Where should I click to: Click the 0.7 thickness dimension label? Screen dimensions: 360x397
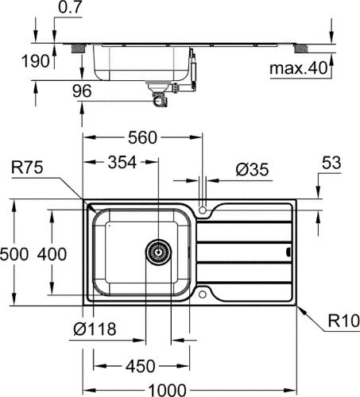click(x=68, y=8)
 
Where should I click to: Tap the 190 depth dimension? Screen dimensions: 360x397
click(x=36, y=61)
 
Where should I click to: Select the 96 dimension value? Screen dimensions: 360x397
click(x=82, y=91)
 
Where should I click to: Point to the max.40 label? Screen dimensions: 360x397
click(x=299, y=68)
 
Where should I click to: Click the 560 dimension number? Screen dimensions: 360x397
click(x=142, y=137)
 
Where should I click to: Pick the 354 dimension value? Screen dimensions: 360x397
click(x=122, y=162)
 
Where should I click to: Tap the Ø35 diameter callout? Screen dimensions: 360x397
click(x=252, y=169)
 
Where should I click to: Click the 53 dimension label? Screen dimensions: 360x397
click(x=331, y=163)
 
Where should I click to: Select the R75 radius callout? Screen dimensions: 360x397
click(x=27, y=168)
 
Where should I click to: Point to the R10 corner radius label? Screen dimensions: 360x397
click(x=344, y=321)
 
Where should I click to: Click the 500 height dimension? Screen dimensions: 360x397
click(x=14, y=254)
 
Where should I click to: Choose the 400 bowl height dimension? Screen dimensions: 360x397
click(x=52, y=254)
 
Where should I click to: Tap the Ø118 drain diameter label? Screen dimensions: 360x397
click(x=95, y=329)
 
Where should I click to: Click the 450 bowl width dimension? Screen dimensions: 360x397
click(x=141, y=366)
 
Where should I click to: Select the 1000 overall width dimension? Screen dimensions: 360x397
click(x=167, y=390)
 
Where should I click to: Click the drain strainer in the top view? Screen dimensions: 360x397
click(x=158, y=252)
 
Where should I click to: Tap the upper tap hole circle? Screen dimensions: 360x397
click(x=203, y=210)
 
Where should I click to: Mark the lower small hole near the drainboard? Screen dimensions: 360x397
click(x=203, y=295)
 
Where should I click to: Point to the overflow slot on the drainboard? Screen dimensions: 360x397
click(x=288, y=252)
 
